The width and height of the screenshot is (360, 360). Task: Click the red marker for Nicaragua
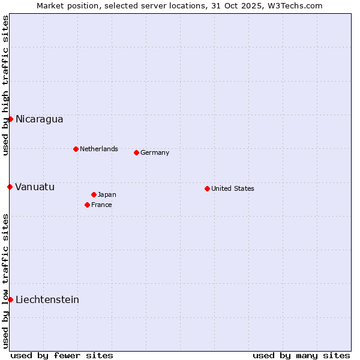pyautogui.click(x=10, y=119)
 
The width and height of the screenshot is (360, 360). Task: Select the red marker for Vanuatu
pyautogui.click(x=10, y=187)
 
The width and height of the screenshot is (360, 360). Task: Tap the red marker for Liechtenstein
pyautogui.click(x=10, y=299)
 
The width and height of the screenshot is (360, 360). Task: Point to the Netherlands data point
pyautogui.click(x=76, y=149)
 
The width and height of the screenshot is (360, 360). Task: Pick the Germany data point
pyautogui.click(x=136, y=152)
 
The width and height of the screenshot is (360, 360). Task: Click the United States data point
pyautogui.click(x=207, y=188)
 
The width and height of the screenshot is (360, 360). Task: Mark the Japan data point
pyautogui.click(x=94, y=194)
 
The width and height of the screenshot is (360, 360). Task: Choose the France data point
pyautogui.click(x=87, y=205)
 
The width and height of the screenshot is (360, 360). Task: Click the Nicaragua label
pyautogui.click(x=39, y=119)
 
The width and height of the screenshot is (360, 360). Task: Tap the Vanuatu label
pyautogui.click(x=35, y=187)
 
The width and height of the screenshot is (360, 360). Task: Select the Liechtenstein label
pyautogui.click(x=47, y=299)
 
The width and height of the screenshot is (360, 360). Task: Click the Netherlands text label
pyautogui.click(x=99, y=149)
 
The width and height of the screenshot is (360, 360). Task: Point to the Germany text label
pyautogui.click(x=155, y=152)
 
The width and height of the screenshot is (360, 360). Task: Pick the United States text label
pyautogui.click(x=233, y=188)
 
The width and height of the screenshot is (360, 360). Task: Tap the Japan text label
pyautogui.click(x=107, y=194)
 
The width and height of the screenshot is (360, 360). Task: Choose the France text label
pyautogui.click(x=101, y=205)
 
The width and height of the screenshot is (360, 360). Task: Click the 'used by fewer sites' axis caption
pyautogui.click(x=62, y=355)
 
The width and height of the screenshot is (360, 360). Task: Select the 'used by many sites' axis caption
pyautogui.click(x=301, y=355)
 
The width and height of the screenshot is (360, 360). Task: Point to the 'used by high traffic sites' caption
pyautogui.click(x=5, y=86)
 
